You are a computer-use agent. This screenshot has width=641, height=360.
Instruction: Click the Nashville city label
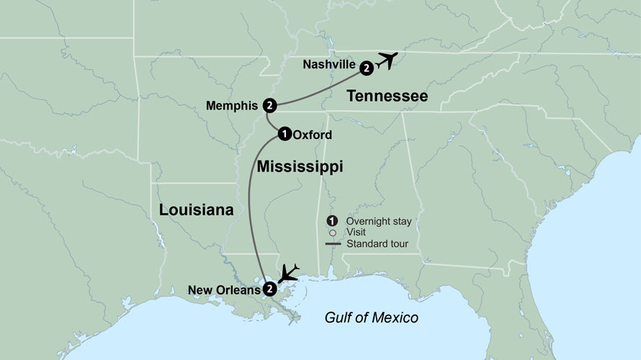tap(328, 65)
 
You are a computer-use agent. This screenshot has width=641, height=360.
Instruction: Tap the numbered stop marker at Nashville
tap(367, 68)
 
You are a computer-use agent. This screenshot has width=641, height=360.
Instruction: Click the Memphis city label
tap(232, 106)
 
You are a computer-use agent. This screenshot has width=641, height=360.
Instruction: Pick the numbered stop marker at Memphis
tap(269, 105)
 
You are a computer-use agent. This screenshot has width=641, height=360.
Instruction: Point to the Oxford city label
tap(313, 134)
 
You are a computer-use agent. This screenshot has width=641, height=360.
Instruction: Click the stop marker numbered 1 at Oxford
tap(284, 133)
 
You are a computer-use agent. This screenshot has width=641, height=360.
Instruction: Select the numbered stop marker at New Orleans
tap(269, 289)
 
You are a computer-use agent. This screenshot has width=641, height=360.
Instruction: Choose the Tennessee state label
tap(387, 96)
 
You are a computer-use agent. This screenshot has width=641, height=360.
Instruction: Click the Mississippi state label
tap(300, 167)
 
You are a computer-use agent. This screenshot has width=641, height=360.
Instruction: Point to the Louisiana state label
tap(196, 210)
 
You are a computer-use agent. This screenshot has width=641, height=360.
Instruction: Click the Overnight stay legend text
tap(379, 221)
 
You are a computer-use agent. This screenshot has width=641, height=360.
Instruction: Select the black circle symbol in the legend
tap(332, 221)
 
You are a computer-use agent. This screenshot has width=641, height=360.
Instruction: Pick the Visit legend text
tap(356, 233)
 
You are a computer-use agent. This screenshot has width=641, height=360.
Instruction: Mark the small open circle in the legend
tap(332, 233)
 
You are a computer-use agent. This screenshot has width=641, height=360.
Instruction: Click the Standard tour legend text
tap(377, 243)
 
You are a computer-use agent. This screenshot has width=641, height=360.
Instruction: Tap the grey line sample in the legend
tap(332, 243)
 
